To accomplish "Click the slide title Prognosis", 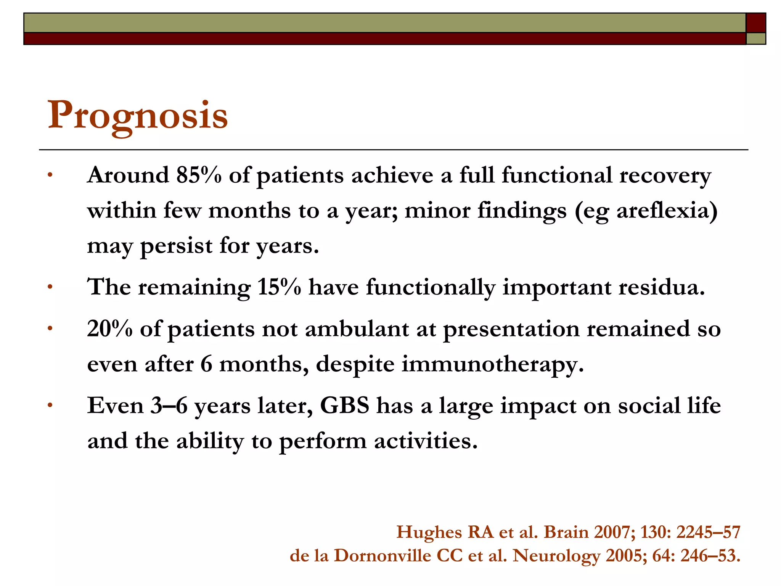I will coord(138,116).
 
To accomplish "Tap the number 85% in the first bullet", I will coord(199,175).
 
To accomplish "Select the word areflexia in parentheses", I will coord(662,211).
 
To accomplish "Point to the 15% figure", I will coord(279,287).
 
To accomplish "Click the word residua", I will coord(661,287).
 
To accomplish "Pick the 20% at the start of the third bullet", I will coord(109,329).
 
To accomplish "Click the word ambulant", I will coord(357,329).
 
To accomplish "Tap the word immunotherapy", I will coord(492,364).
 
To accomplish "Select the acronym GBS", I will coord(345,405).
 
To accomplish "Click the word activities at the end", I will coord(425,441).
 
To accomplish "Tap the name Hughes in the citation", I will coord(429,532).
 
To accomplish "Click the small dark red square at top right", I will coord(756,23).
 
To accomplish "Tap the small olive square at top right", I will coord(756,39).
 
